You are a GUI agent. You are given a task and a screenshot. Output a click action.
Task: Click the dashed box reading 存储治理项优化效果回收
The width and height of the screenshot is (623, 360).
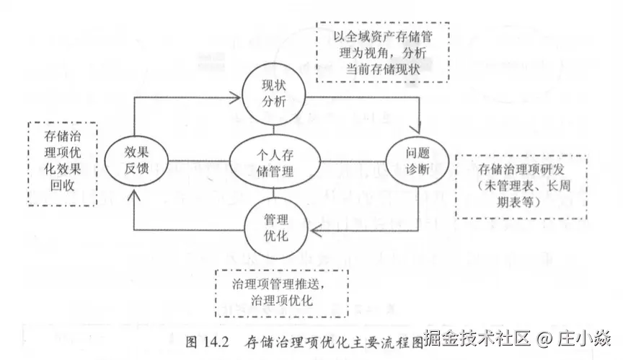pos(61,162)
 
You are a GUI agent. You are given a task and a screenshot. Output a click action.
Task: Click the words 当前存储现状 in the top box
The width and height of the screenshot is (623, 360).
pos(383,69)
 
